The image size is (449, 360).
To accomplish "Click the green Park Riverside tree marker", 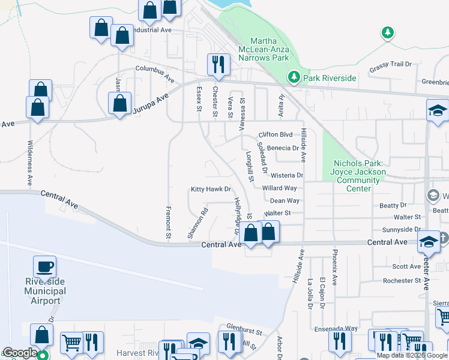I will point(294,77).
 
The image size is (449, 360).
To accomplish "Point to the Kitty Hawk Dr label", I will point(211,190).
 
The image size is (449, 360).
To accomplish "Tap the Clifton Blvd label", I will point(276,134).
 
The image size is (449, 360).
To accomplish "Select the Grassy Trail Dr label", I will point(390,64).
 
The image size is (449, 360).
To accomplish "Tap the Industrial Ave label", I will point(150,30).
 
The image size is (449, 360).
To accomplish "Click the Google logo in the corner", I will point(20,353).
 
